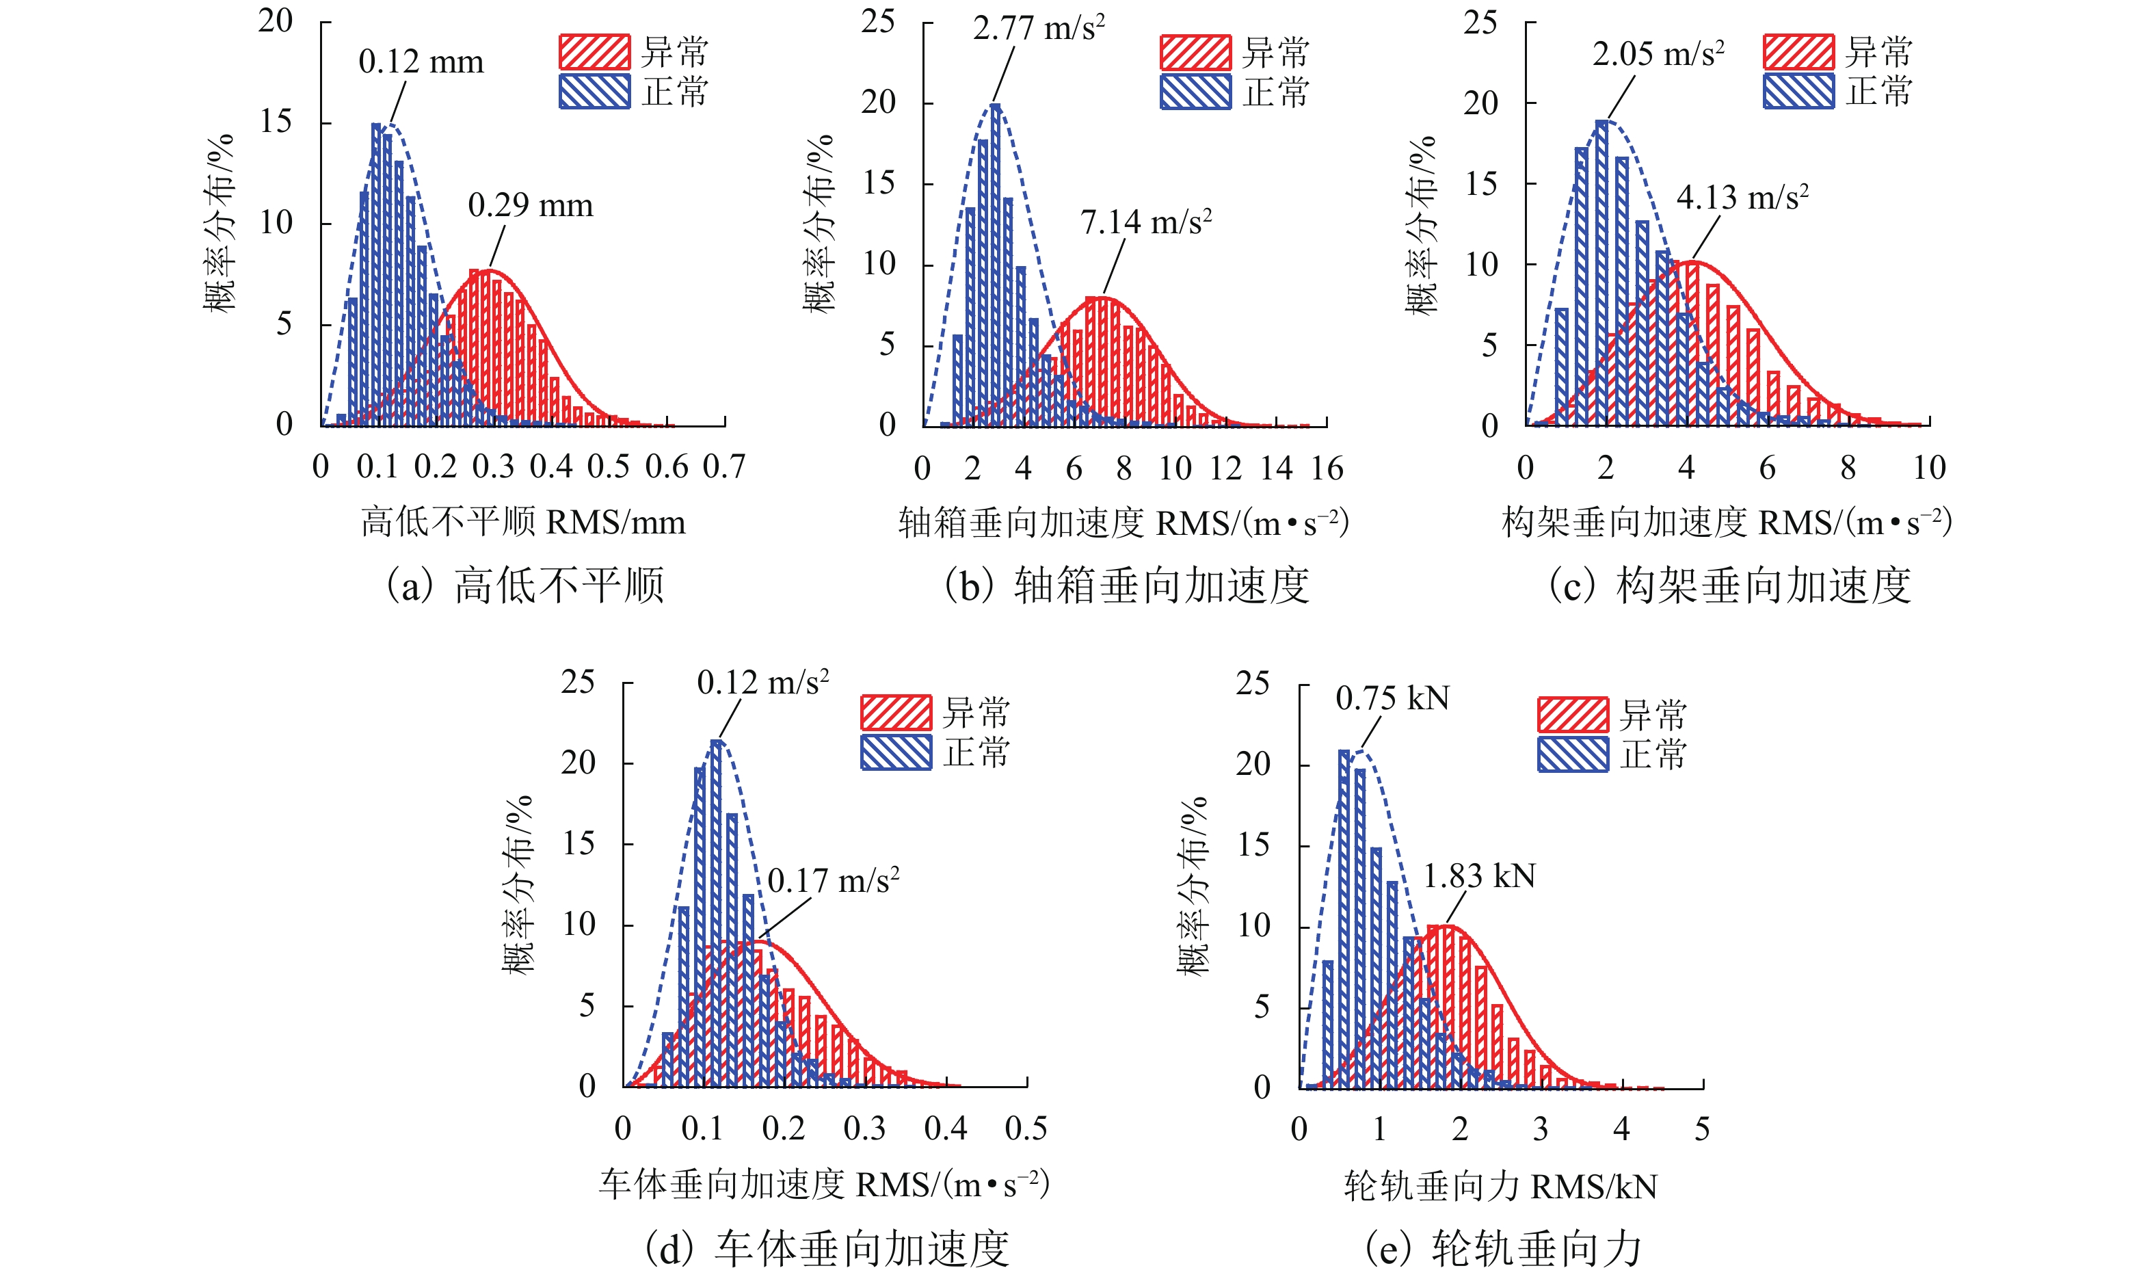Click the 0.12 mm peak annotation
click(x=421, y=62)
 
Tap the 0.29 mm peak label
click(x=530, y=206)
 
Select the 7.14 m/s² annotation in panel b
click(x=1146, y=222)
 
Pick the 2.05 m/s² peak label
click(x=1658, y=54)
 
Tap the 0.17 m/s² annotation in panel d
click(x=833, y=881)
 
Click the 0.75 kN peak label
click(x=1392, y=698)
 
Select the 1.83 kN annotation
click(x=1478, y=877)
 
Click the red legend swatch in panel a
click(x=594, y=53)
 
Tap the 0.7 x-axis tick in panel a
click(x=723, y=467)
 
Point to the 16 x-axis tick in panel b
click(x=1327, y=469)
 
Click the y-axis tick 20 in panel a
click(x=276, y=21)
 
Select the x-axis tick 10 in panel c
click(x=1929, y=468)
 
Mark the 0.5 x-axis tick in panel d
click(x=1025, y=1129)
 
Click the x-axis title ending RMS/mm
click(x=523, y=523)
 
